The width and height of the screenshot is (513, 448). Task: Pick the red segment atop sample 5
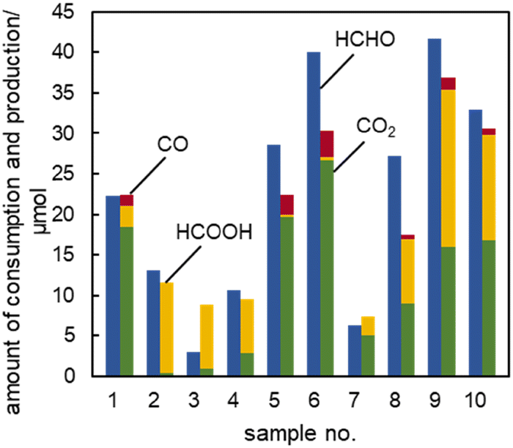click(x=287, y=205)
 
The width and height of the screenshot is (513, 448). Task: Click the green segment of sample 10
click(x=489, y=308)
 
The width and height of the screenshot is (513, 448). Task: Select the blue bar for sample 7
click(x=354, y=351)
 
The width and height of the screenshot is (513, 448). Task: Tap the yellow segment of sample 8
click(x=408, y=271)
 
